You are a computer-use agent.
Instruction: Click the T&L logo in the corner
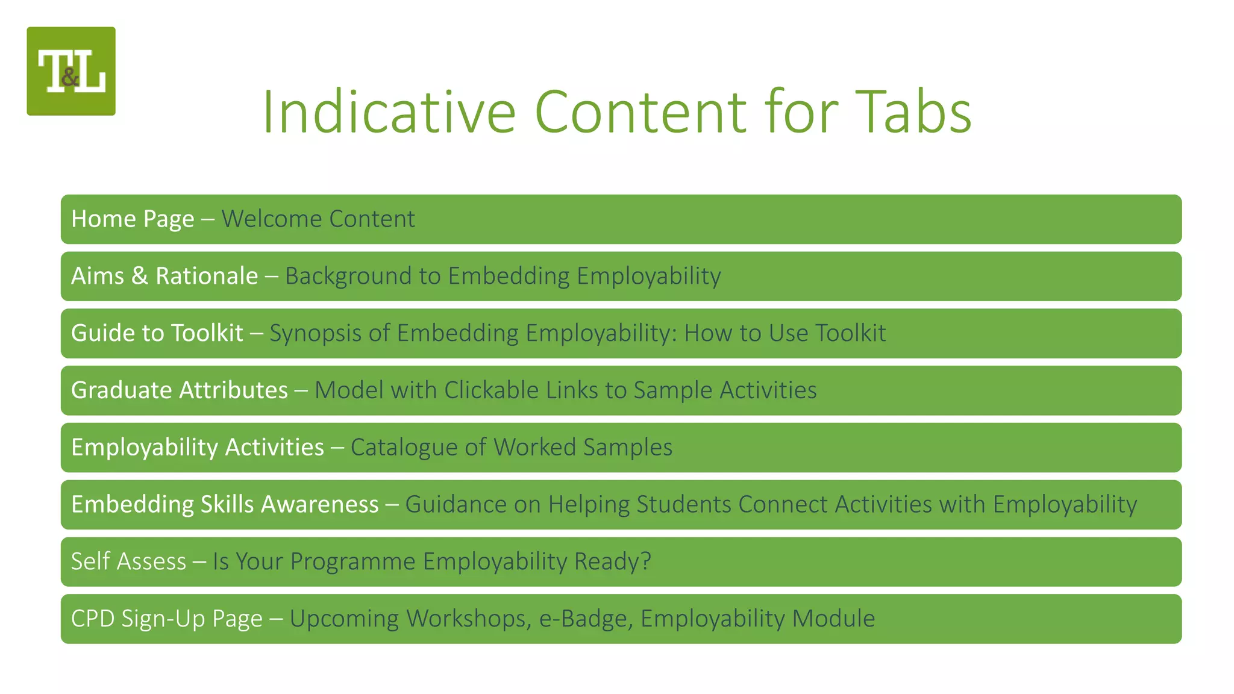tap(71, 71)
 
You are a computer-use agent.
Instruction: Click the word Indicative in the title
tap(389, 112)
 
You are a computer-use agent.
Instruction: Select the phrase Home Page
tap(133, 219)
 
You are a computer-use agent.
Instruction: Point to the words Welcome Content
tap(318, 219)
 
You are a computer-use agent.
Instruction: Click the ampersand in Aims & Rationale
tap(139, 276)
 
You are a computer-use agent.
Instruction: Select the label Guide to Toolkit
tap(157, 333)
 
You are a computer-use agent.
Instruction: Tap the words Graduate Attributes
tap(180, 390)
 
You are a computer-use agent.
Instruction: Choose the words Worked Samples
tap(583, 448)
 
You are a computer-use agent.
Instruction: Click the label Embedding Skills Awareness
tap(225, 504)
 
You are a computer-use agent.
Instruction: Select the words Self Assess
tap(128, 561)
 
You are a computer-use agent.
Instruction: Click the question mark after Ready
tap(646, 561)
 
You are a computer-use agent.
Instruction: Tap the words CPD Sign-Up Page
tap(167, 619)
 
